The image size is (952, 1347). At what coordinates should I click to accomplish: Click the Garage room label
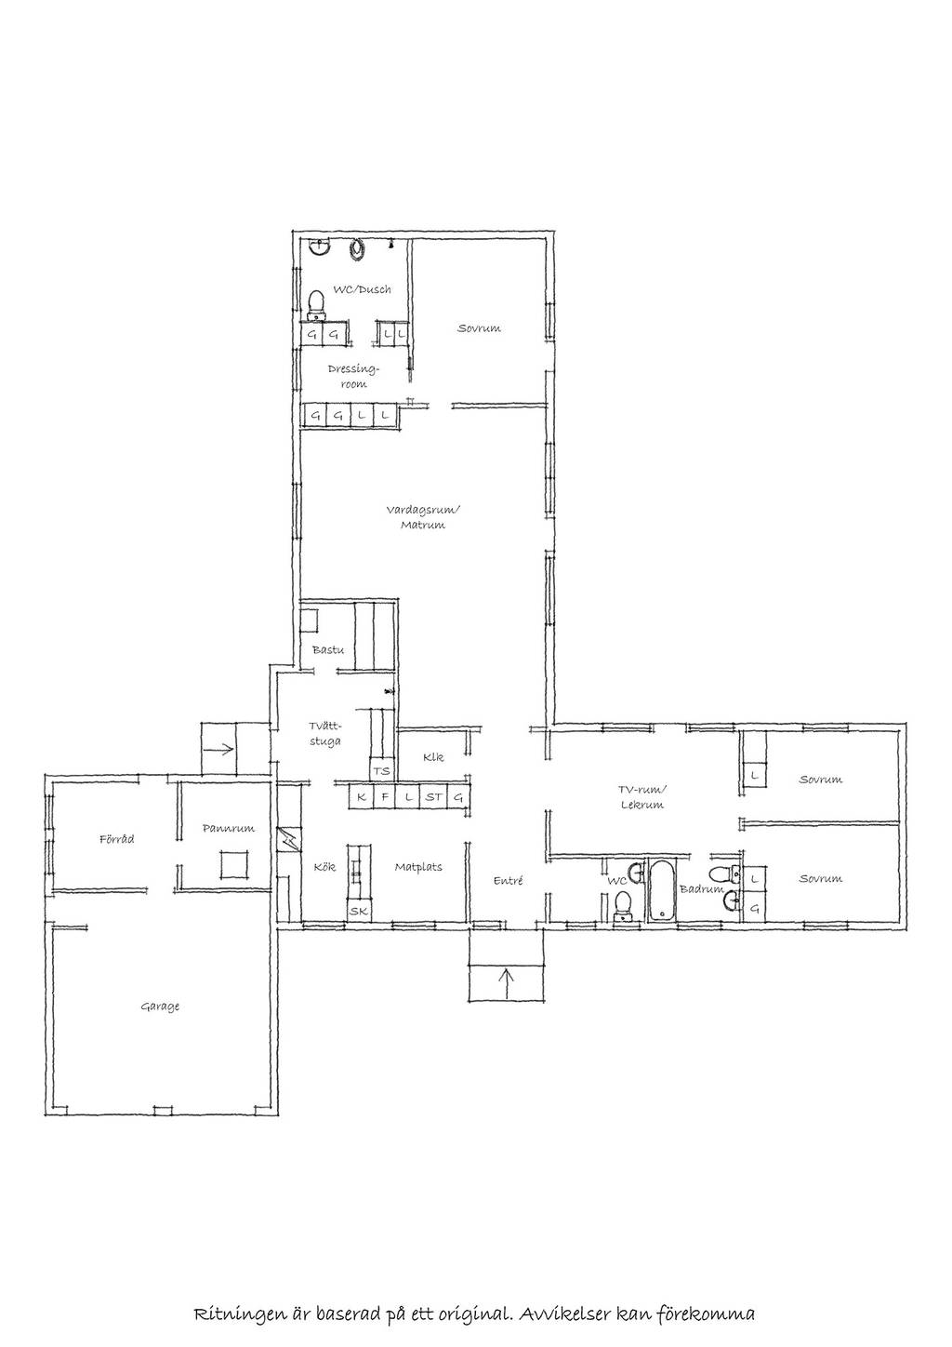160,1007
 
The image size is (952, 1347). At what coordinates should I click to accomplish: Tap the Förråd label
116,839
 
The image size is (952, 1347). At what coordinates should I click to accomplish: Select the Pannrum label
228,828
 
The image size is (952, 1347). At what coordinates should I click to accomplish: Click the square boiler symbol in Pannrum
233,866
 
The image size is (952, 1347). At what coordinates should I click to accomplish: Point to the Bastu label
328,650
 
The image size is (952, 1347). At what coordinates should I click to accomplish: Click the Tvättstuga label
325,734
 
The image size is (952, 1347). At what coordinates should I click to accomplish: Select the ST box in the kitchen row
432,798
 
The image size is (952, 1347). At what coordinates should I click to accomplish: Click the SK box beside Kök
359,911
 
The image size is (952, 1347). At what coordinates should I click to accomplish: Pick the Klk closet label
432,757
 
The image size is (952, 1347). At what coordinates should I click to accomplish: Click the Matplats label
418,867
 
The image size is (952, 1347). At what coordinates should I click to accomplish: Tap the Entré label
508,880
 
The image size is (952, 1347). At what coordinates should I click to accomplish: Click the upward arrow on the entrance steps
507,983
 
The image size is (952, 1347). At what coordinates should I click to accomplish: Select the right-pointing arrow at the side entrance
219,749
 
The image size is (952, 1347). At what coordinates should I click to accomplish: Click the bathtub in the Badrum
661,891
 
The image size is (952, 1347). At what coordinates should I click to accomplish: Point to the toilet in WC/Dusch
316,306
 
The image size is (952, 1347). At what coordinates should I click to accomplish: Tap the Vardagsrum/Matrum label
422,517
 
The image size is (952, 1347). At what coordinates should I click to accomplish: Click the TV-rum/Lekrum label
641,797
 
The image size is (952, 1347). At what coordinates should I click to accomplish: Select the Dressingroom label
354,376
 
